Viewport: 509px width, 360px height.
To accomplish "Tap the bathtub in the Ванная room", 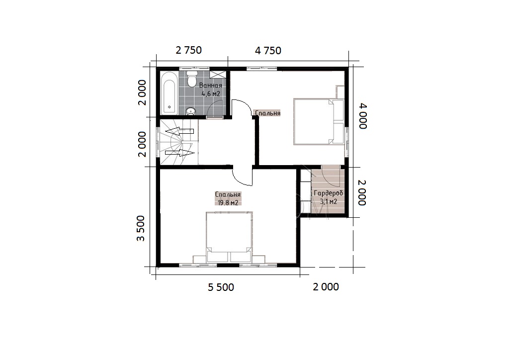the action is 169,92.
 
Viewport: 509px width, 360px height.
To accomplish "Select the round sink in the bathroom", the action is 190,111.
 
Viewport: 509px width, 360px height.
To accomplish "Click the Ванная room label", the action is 211,86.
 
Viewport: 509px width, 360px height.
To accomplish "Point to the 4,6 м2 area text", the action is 211,94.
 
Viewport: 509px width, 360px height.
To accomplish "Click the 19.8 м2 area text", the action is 228,203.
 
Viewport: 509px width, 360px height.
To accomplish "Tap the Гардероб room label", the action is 328,193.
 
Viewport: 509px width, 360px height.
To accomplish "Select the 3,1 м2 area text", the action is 328,201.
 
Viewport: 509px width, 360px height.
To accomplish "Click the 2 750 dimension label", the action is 188,50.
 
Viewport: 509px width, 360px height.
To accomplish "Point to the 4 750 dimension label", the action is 268,51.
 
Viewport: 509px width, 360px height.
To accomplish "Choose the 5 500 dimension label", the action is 221,287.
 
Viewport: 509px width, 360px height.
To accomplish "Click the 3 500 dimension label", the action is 141,228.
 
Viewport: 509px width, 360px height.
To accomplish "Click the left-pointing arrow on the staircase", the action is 179,131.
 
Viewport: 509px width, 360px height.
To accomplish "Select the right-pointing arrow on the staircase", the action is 179,152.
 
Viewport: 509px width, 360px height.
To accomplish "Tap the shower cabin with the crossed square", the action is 218,74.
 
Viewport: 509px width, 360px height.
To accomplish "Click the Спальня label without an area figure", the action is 267,113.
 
